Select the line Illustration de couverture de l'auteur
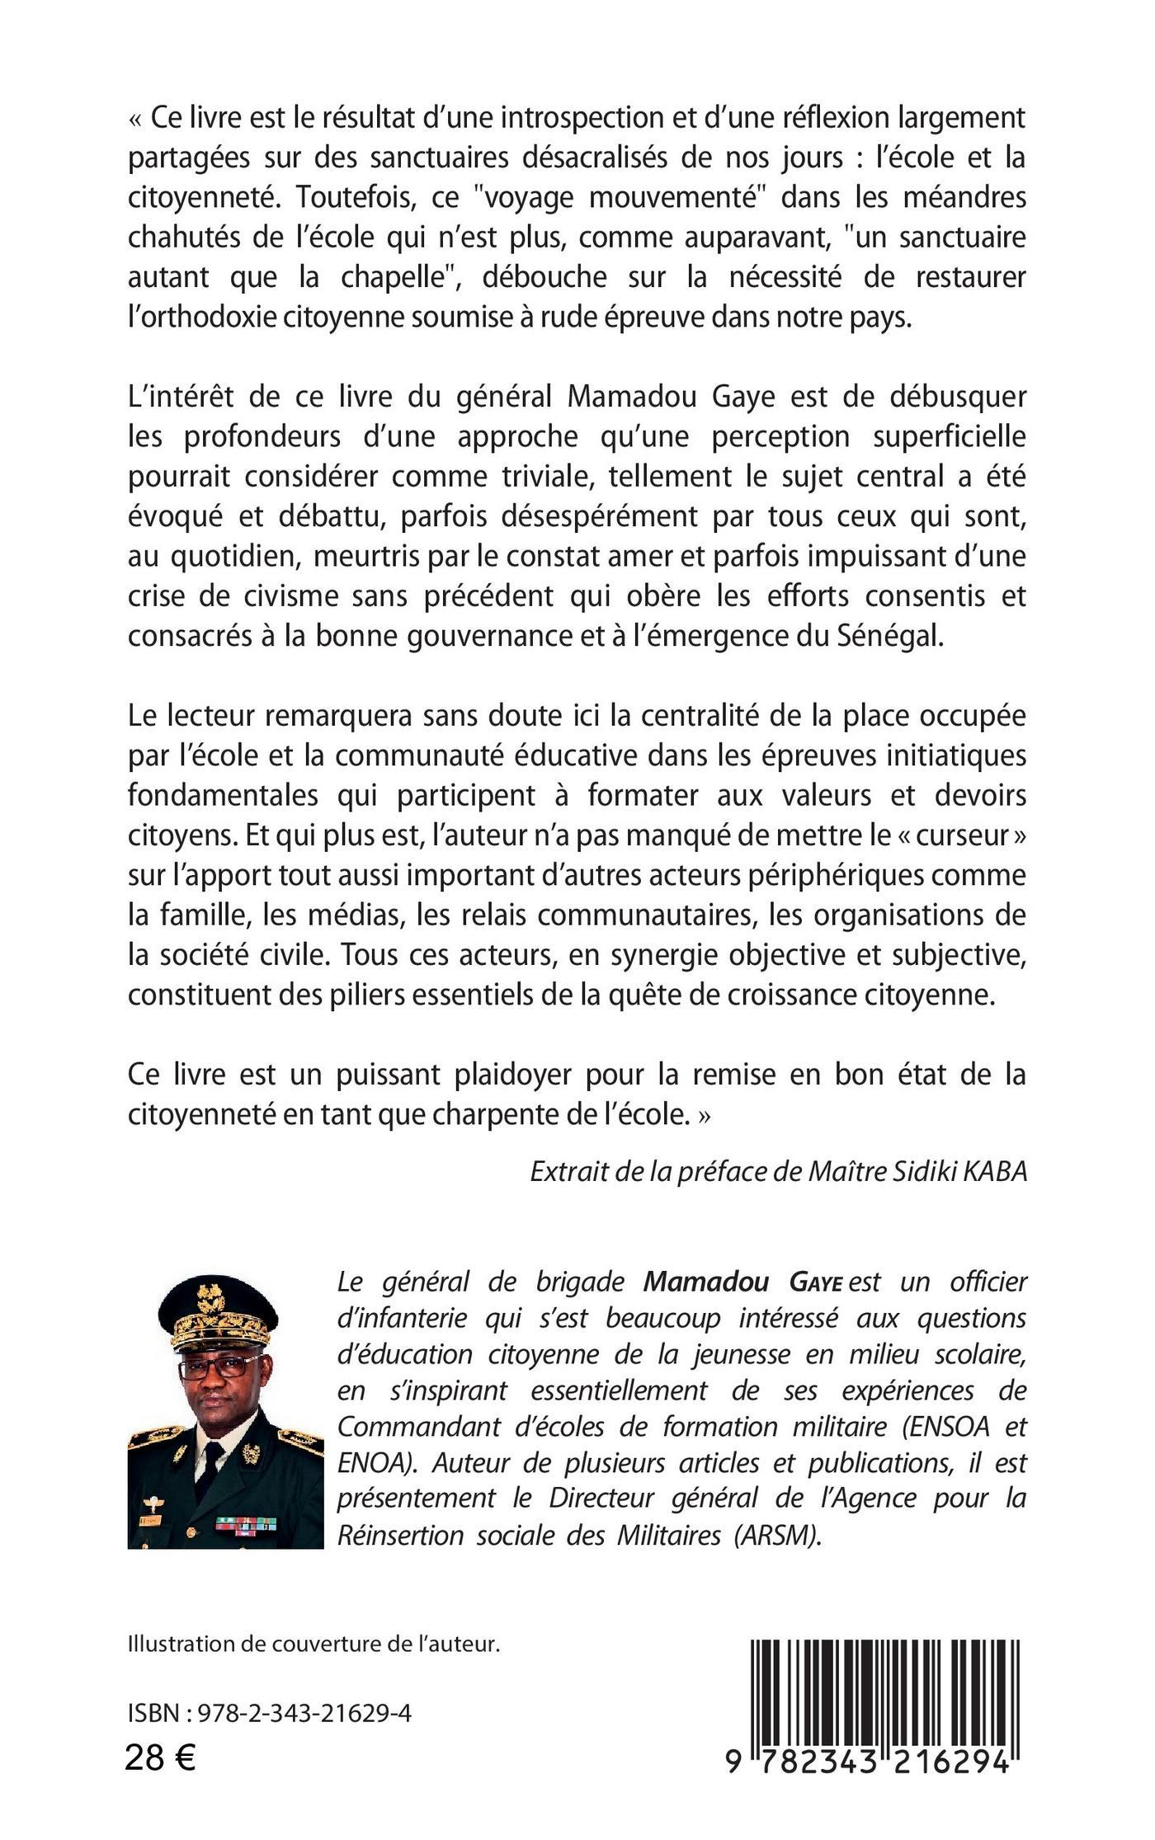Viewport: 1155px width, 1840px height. (314, 1643)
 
